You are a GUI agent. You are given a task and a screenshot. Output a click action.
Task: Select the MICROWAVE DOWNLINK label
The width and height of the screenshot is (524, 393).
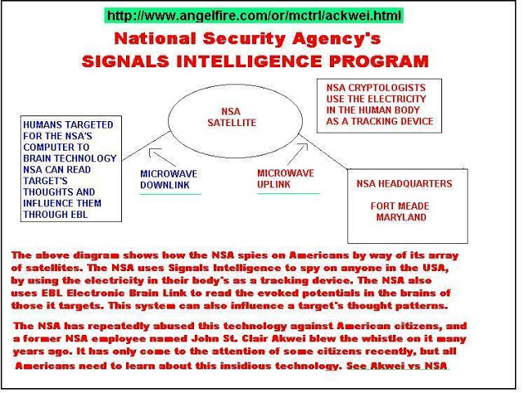click(x=169, y=180)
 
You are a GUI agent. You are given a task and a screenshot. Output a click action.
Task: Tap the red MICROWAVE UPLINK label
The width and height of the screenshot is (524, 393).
click(x=285, y=178)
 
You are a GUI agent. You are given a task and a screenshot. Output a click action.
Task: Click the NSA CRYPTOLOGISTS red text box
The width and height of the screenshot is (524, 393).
click(x=378, y=104)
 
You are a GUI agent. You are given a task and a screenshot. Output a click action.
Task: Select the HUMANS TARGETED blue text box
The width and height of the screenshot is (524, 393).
click(x=70, y=169)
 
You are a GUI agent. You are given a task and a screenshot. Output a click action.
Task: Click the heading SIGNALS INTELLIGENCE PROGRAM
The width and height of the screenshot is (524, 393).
click(x=255, y=61)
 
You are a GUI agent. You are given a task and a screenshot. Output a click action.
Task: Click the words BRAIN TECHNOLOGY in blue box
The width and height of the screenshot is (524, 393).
click(x=70, y=158)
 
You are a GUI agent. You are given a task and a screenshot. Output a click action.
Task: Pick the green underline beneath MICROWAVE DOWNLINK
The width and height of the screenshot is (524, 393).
click(x=169, y=194)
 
